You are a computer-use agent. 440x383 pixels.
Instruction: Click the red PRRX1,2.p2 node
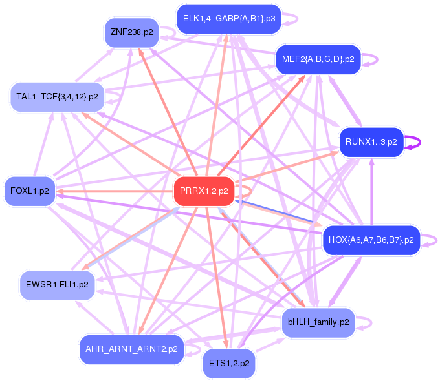[x=203, y=191]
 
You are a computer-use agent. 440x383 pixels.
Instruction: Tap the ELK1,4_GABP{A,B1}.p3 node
[x=228, y=19]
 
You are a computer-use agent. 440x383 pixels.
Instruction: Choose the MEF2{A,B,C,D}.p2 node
[x=318, y=59]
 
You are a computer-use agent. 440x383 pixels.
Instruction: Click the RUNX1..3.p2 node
[x=371, y=142]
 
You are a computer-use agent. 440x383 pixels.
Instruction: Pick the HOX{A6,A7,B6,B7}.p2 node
[x=371, y=240]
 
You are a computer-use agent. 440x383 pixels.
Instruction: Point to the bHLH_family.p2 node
[x=318, y=322]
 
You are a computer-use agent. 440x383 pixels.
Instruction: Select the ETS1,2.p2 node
[x=229, y=364]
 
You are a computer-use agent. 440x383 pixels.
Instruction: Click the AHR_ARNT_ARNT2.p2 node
[x=131, y=349]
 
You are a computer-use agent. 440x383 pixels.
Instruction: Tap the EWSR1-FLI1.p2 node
[x=58, y=284]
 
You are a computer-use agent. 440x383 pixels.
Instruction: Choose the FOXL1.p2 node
[x=30, y=191]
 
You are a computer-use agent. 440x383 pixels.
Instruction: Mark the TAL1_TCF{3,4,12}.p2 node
[x=57, y=97]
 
